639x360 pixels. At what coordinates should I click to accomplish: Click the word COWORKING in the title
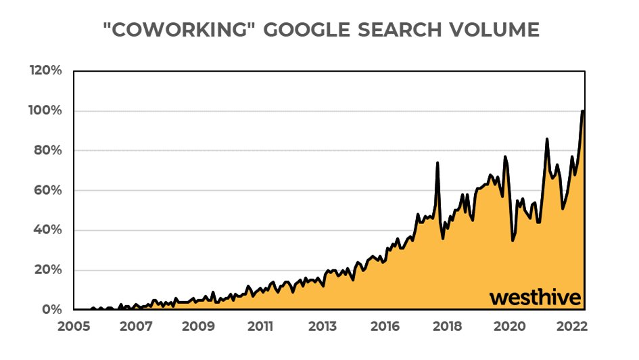(x=187, y=30)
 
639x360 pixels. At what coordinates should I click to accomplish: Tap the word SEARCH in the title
(x=394, y=30)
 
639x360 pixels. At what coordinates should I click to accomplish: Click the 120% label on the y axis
(x=47, y=71)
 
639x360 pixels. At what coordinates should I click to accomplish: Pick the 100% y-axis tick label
(x=47, y=111)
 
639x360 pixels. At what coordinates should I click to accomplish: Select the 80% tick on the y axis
(x=49, y=151)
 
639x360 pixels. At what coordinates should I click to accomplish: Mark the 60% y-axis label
(x=49, y=191)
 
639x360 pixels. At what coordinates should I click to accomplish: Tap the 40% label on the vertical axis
(x=49, y=230)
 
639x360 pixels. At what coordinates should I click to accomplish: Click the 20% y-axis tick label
(x=49, y=270)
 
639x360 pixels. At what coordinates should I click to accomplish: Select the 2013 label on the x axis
(x=323, y=325)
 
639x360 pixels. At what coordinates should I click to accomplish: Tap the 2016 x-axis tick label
(x=385, y=325)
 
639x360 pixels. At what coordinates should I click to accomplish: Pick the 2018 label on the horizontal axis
(x=448, y=325)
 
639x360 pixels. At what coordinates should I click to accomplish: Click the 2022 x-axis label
(x=572, y=325)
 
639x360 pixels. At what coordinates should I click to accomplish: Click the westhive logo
(x=535, y=298)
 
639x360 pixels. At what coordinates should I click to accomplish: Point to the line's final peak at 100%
(x=583, y=111)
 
